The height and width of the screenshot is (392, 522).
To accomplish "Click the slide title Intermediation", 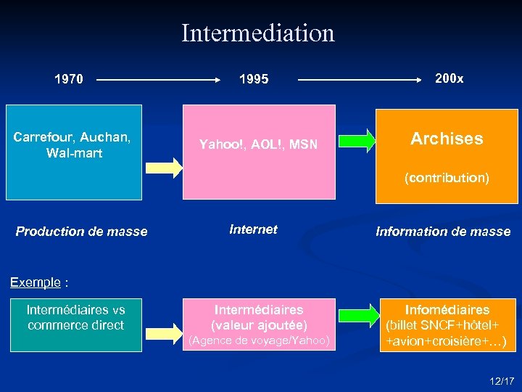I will pos(258,33).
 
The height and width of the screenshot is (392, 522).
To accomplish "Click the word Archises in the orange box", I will pos(447,139).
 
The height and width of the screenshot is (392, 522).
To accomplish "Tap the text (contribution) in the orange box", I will pos(447,177).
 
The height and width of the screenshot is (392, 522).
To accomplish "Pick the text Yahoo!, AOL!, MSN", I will pos(258,144).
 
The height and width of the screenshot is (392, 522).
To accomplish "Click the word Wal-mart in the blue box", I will pos(74,153).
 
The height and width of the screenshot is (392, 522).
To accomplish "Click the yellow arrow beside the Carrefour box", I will pos(164,167).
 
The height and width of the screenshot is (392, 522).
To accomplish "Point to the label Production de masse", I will pos(81,232).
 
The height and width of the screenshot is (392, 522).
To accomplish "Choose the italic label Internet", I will pos(253,229).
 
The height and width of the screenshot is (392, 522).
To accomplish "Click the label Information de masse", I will pos(443,232).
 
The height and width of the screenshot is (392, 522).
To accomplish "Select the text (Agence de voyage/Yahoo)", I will pos(259,340).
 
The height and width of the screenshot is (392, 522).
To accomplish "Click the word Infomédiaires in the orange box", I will pos(447,310).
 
